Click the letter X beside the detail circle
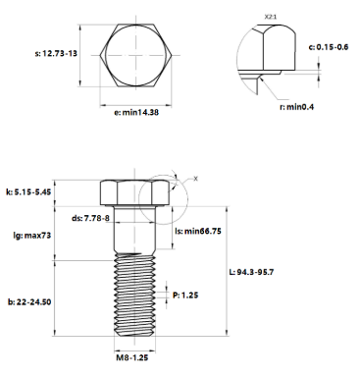click(x=195, y=179)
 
